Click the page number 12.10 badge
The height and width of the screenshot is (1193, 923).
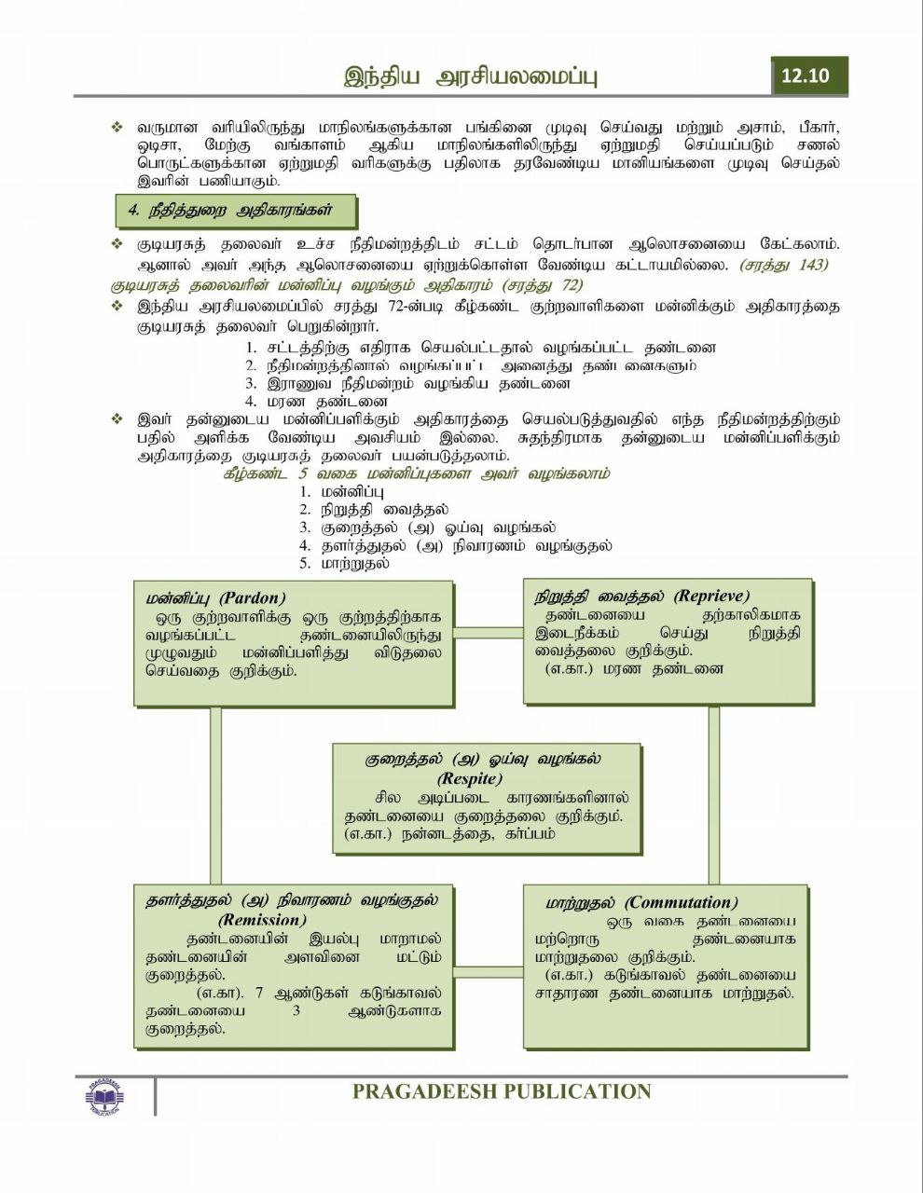click(807, 75)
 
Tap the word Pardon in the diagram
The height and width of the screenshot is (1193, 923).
click(253, 597)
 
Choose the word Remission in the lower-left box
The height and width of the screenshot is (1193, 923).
click(262, 920)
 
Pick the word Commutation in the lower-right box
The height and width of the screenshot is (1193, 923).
click(681, 902)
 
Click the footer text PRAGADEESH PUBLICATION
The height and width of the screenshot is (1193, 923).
click(502, 1091)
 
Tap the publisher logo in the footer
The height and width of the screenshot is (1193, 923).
click(110, 1096)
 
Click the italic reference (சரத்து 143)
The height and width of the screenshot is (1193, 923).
click(784, 266)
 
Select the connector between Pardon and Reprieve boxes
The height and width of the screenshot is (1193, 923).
click(488, 633)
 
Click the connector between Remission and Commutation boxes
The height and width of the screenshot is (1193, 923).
click(488, 973)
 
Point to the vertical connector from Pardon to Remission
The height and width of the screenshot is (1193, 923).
click(215, 795)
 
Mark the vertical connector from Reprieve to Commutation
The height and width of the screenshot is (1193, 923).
click(714, 795)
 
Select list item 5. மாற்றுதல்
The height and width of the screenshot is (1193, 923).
click(344, 563)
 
